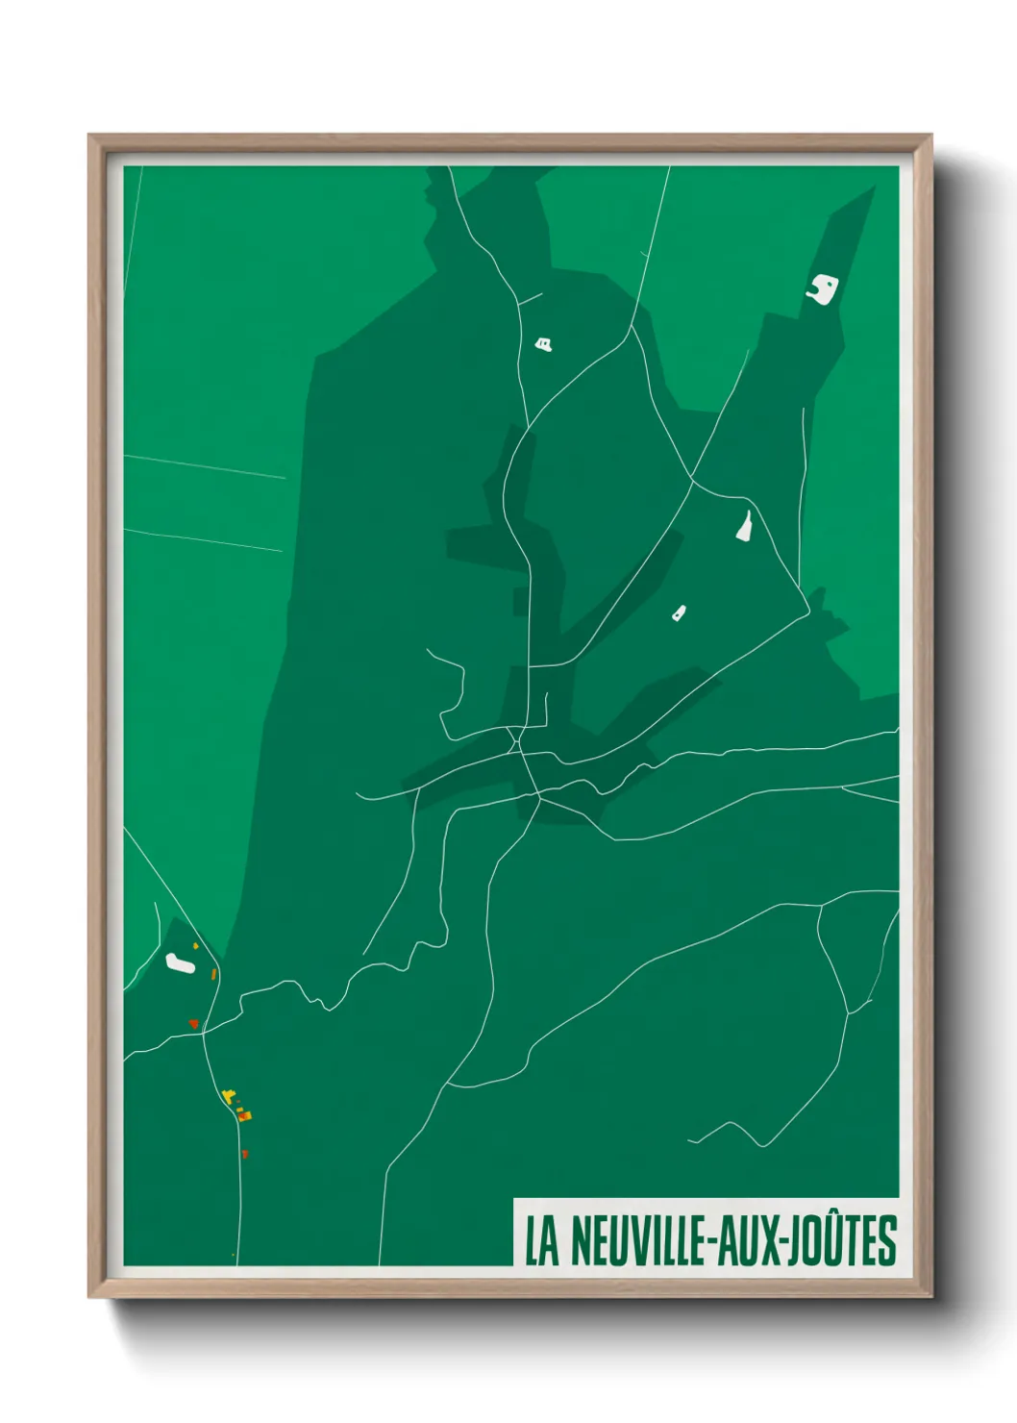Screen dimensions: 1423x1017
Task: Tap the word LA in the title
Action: click(541, 1241)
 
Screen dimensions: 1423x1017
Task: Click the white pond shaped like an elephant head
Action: click(823, 288)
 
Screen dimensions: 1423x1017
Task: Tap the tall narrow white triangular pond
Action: click(744, 526)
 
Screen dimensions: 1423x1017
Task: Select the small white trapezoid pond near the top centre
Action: click(544, 342)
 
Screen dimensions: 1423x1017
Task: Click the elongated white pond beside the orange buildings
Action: click(178, 961)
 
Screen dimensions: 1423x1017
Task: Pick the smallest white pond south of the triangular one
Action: click(679, 612)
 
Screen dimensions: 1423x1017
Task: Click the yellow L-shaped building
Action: click(229, 1095)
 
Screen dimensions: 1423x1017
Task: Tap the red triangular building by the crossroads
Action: click(193, 1024)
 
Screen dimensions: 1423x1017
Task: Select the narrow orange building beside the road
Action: click(213, 974)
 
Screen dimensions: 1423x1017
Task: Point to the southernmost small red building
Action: click(244, 1153)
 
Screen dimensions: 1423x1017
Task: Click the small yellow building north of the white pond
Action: click(195, 946)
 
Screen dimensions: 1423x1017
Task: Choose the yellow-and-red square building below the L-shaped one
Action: click(244, 1115)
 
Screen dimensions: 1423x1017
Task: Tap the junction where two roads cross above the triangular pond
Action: click(692, 478)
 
